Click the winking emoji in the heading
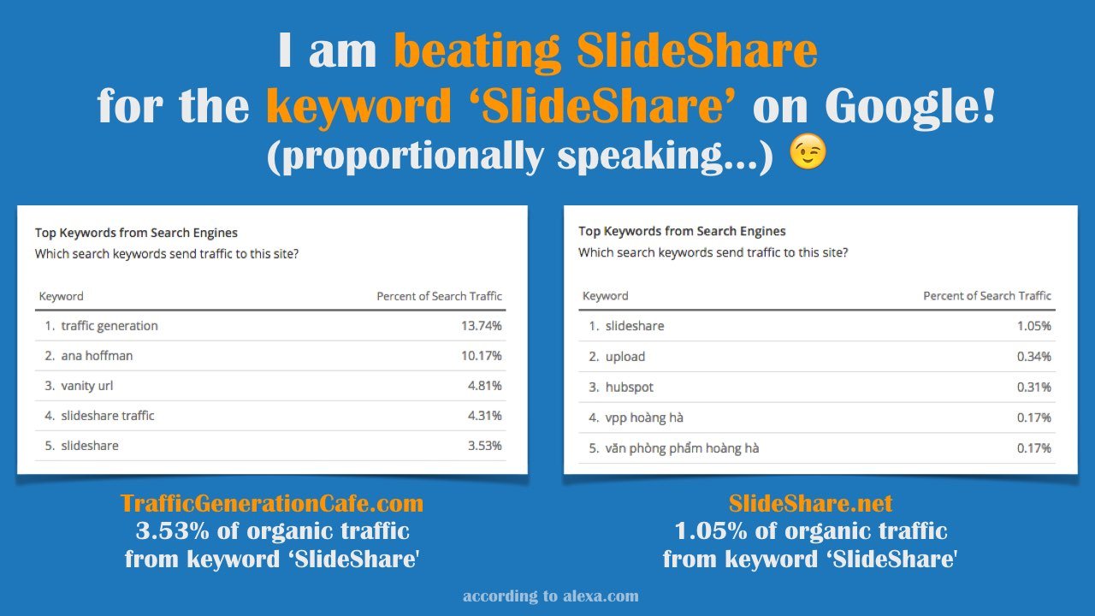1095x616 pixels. click(x=808, y=154)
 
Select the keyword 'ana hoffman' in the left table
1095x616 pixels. click(x=97, y=356)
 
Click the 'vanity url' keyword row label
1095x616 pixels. click(x=86, y=386)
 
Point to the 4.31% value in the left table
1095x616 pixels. click(x=484, y=416)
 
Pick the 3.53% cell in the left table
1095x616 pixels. click(x=484, y=446)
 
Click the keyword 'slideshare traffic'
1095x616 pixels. click(x=107, y=416)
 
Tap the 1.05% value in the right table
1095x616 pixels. click(x=1033, y=326)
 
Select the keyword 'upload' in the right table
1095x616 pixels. click(x=624, y=357)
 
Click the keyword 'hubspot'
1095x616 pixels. click(x=629, y=388)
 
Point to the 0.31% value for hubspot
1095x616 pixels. click(x=1033, y=388)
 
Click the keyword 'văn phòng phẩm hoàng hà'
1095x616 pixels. click(x=682, y=448)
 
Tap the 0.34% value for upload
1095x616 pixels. click(x=1033, y=357)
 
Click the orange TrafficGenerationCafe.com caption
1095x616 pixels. click(x=272, y=503)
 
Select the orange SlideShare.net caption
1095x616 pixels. click(x=810, y=503)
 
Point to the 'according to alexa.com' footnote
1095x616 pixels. click(x=550, y=596)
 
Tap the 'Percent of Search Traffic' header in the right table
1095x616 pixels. click(x=986, y=296)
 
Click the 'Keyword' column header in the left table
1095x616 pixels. click(x=62, y=296)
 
